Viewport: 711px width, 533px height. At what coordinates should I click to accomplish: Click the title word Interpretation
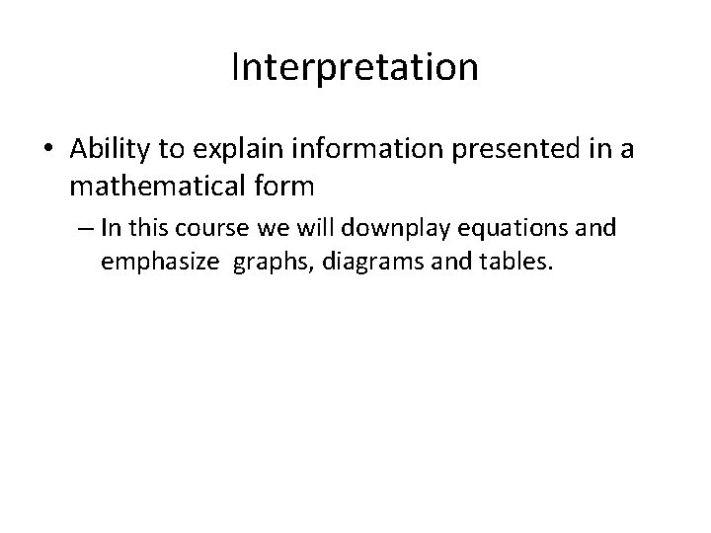[x=355, y=67]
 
